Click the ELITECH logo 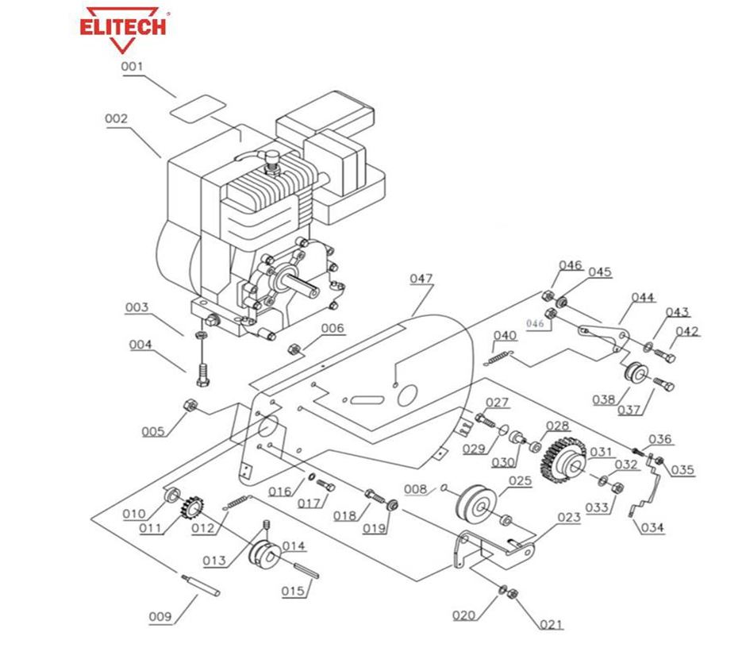point(122,27)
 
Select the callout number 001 point(132,67)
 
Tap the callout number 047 point(421,279)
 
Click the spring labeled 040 point(498,357)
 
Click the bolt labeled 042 point(665,354)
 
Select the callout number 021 point(551,624)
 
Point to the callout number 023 point(568,518)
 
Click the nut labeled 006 point(293,348)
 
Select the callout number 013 point(215,561)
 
